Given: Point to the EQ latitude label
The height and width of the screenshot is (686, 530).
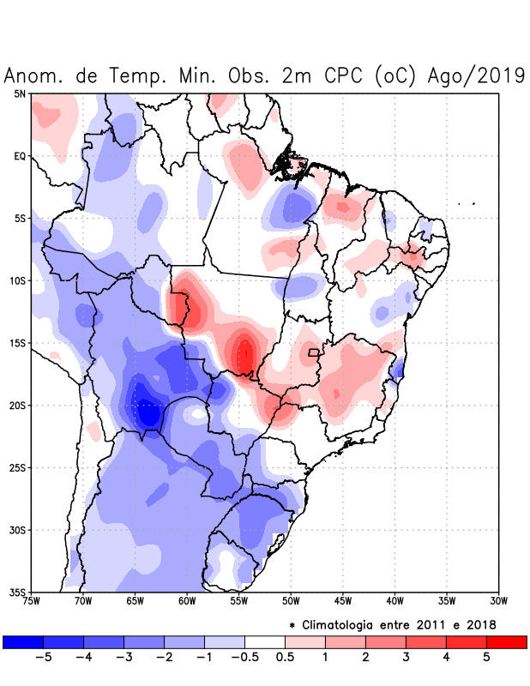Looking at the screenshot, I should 20,156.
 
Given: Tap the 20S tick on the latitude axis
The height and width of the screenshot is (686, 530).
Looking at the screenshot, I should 18,406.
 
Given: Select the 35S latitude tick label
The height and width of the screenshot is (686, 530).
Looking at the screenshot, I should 18,592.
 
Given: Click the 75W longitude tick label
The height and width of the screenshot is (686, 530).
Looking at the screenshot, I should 32,601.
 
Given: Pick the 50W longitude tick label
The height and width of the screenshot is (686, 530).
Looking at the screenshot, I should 291,601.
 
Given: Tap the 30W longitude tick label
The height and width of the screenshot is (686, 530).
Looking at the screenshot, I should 498,601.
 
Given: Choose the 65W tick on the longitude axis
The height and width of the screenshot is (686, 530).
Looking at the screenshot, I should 136,601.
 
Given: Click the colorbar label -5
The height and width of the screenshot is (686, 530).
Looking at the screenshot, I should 44,657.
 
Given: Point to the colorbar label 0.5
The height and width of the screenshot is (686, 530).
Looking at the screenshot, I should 285,657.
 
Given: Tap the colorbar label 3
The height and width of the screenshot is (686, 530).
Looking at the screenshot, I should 406,657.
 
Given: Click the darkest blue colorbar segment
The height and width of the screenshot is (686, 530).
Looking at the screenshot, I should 23,641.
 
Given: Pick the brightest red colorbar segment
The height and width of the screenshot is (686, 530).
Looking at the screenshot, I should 506,641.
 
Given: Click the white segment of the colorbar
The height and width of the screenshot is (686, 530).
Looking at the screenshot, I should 265,641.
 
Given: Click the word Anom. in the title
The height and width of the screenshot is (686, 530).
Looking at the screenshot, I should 35,75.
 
